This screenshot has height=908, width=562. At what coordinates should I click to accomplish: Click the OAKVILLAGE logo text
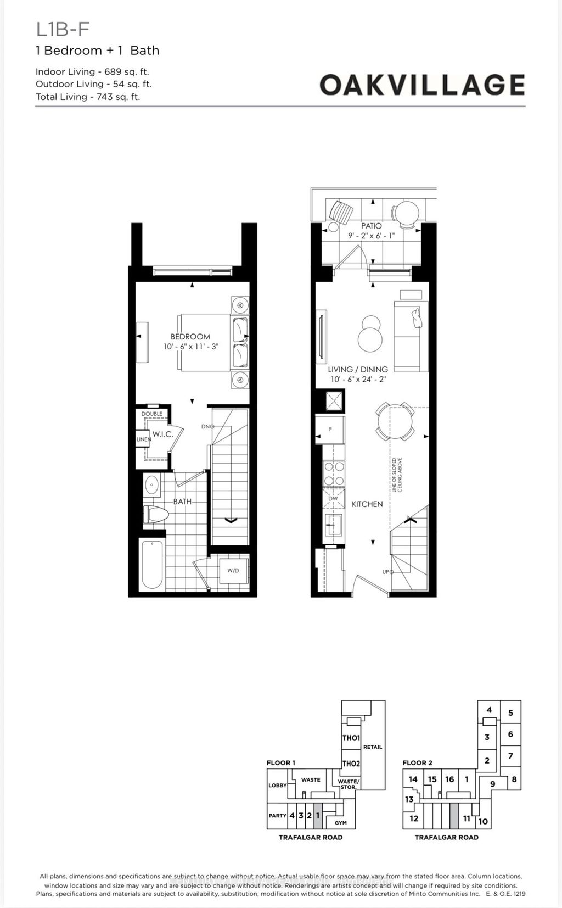point(422,85)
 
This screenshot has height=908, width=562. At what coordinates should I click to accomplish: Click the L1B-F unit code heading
point(62,29)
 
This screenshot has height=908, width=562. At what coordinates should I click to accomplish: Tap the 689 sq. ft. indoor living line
point(92,71)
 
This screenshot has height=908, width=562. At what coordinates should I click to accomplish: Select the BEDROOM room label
point(190,337)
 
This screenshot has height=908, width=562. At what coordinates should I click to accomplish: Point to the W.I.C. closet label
point(162,434)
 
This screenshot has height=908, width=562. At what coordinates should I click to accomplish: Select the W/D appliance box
point(233,570)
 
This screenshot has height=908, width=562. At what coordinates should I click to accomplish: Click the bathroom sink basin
point(151,486)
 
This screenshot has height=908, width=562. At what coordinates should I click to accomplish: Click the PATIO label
point(372,226)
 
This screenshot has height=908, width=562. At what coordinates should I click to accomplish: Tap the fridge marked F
point(330,429)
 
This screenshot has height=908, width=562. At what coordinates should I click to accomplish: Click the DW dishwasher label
point(333,498)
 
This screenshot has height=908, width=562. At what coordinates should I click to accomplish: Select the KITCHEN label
point(367,504)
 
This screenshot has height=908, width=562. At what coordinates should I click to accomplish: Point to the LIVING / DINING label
point(358,370)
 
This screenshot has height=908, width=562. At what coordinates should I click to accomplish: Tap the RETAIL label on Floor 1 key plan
point(373,747)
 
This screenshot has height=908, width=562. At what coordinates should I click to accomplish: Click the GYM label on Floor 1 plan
point(341,823)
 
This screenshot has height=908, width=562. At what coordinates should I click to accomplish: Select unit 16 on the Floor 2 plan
point(449,779)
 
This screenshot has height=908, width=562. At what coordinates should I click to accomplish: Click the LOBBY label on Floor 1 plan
point(277,786)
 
